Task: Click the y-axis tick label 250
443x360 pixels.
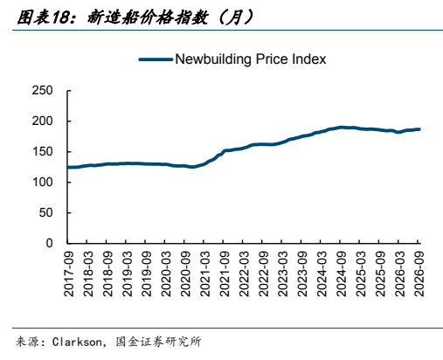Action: click(x=42, y=91)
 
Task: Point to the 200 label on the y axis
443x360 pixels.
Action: click(x=42, y=121)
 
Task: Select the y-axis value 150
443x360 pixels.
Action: click(x=42, y=152)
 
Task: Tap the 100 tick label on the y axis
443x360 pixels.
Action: click(x=42, y=183)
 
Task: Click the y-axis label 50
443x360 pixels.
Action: click(x=46, y=213)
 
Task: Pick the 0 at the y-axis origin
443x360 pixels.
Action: click(x=50, y=243)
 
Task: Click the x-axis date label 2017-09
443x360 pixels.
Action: click(x=69, y=274)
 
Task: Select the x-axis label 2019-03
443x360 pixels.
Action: click(x=128, y=274)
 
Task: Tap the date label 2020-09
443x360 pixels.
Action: click(x=185, y=274)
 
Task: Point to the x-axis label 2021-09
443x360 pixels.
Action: click(x=225, y=274)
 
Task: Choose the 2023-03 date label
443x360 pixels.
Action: click(x=283, y=274)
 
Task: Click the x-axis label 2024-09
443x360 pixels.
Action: click(x=341, y=274)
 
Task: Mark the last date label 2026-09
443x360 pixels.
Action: click(x=419, y=274)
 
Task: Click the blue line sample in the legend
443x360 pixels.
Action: click(x=156, y=59)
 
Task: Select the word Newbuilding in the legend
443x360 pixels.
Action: click(x=213, y=59)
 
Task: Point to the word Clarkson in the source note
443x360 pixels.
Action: click(x=77, y=342)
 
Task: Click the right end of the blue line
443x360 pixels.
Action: click(x=419, y=129)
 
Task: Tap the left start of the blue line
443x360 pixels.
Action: click(x=68, y=168)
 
